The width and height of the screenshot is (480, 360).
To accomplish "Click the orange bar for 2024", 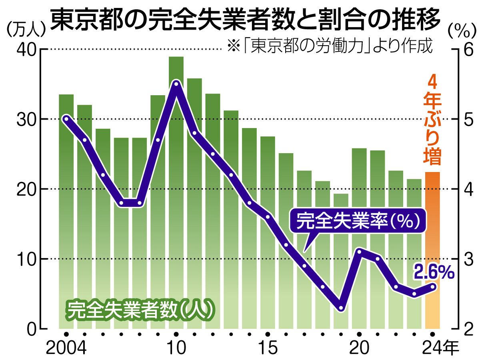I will [x=432, y=250].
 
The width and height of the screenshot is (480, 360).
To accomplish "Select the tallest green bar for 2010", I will [x=176, y=192].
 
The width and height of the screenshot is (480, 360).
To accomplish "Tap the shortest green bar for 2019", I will [x=341, y=260].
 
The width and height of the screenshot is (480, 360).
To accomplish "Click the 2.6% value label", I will [x=434, y=273].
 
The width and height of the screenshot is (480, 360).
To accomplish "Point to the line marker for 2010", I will [x=176, y=84].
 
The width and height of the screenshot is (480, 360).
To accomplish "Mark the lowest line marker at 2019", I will [x=341, y=308].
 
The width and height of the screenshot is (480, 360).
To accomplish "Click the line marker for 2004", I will [x=66, y=119].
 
